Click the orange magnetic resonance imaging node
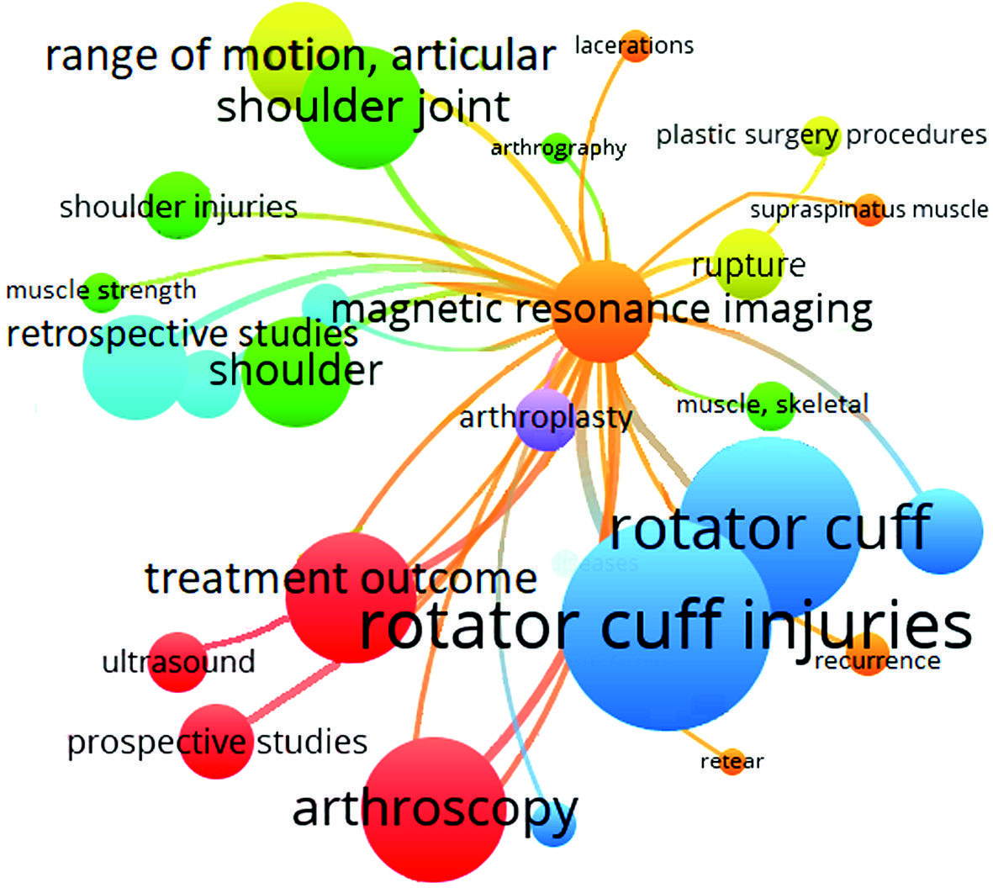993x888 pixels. pos(602,312)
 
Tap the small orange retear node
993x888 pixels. pos(732,761)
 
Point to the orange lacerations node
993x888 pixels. pos(635,45)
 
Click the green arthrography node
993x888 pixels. pos(557,147)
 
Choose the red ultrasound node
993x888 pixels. pos(177,662)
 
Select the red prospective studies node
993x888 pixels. pos(217,741)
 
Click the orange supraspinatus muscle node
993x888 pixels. pos(870,209)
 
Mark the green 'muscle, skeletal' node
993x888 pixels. pos(770,405)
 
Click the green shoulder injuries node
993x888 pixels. pos(177,205)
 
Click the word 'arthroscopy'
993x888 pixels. pos(435,809)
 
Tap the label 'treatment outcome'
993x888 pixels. pos(341,579)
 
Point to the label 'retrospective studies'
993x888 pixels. pos(182,334)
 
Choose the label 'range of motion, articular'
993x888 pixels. pos(299,55)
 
